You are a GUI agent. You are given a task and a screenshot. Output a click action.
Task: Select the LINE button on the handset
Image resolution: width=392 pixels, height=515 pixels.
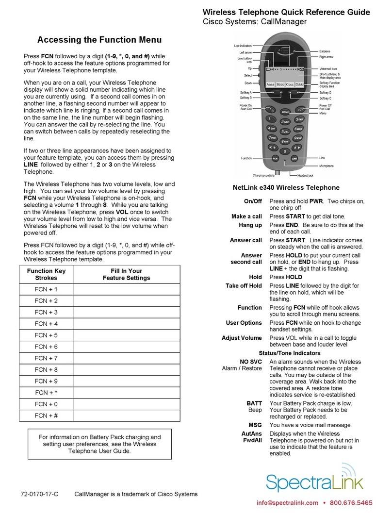pos(294,158)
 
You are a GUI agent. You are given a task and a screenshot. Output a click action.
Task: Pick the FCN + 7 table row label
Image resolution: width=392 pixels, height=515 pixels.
pos(46,358)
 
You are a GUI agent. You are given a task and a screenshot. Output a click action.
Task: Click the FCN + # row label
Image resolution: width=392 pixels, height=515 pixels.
pos(46,415)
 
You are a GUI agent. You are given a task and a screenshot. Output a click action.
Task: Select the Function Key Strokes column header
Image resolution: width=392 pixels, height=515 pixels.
pos(46,274)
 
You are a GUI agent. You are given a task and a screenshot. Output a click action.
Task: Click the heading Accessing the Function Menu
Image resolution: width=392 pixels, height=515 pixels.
pos(99,40)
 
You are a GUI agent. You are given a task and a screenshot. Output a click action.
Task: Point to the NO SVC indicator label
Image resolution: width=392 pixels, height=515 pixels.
pos(251,362)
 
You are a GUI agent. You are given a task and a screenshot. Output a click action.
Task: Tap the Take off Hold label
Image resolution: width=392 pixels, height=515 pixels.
pos(244,286)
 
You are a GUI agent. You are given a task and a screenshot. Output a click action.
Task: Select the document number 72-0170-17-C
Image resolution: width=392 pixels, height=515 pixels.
pos(40,494)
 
